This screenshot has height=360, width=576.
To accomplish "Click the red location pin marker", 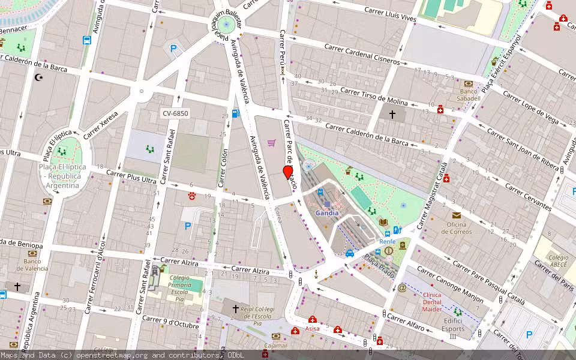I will coord(288,173).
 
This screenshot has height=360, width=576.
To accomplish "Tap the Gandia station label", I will coord(327,213).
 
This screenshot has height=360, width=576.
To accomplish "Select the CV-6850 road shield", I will coord(176,113).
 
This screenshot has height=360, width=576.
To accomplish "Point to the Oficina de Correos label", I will coord(457,228).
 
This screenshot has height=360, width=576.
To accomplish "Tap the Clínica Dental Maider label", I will coord(432,302).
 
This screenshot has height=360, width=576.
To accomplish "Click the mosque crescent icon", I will coord(40,77).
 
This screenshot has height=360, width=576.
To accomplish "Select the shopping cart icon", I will coord(271,143).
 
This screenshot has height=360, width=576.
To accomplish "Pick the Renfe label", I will coord(387,241).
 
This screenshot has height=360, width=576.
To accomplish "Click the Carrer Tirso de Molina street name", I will coord(374,96).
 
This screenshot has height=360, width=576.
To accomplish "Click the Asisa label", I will coord(312,328).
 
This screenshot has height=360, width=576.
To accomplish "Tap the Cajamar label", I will coord(275,346).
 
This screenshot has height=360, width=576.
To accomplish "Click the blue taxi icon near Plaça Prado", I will coord(350,253).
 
